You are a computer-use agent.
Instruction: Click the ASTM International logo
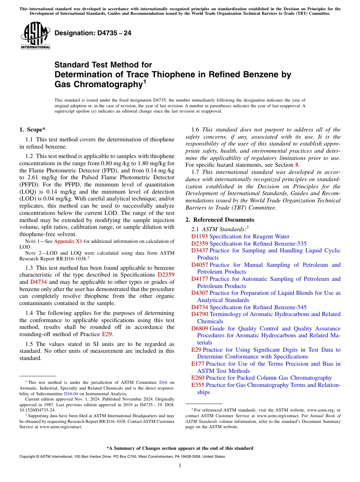tap(35, 36)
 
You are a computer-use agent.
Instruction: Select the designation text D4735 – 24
tap(93, 33)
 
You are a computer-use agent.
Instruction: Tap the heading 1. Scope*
tap(33, 130)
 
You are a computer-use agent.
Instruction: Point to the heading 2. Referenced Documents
tap(220, 220)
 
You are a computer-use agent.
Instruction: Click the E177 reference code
tap(197, 364)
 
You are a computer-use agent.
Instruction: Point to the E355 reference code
tap(198, 385)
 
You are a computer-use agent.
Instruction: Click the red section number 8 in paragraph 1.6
tap(297, 165)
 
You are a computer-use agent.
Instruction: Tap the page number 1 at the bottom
tap(180, 466)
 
